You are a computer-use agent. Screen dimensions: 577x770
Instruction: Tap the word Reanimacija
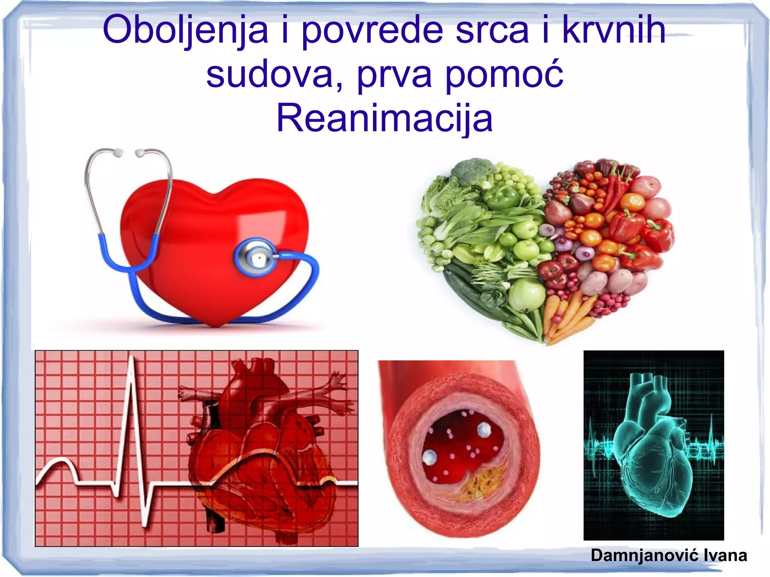(384, 118)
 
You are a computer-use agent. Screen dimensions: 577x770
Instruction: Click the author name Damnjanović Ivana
(668, 555)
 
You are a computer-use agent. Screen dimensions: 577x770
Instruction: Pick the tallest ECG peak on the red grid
(132, 361)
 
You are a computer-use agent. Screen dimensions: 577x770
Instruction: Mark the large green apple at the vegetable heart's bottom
(526, 293)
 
